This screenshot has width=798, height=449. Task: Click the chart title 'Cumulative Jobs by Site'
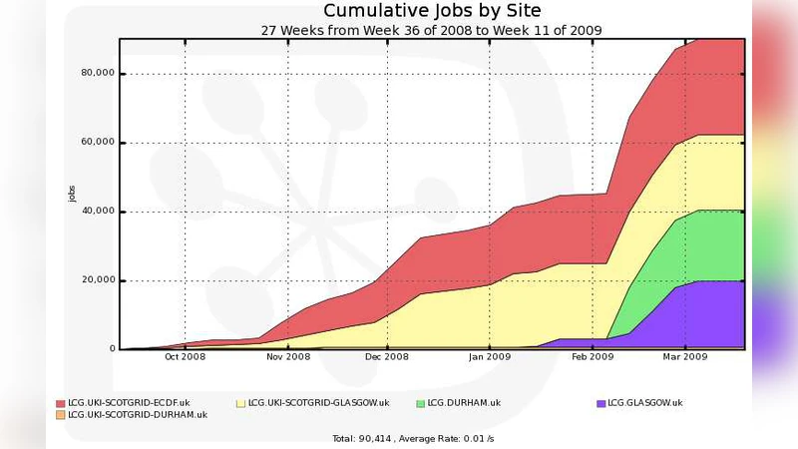(x=432, y=11)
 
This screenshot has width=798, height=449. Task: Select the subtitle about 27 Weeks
(x=431, y=30)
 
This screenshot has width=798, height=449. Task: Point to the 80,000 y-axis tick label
(x=98, y=74)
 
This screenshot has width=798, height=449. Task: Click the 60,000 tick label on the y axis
(x=98, y=143)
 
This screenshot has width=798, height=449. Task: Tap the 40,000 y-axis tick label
(x=98, y=212)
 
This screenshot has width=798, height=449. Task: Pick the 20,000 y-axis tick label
(x=98, y=280)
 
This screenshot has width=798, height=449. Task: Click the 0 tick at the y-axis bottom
(x=112, y=349)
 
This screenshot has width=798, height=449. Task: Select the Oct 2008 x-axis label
(x=186, y=357)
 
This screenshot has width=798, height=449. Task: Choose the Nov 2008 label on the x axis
(x=288, y=357)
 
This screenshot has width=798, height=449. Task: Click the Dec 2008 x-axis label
(x=388, y=357)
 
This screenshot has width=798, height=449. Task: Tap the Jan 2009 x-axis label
(x=491, y=357)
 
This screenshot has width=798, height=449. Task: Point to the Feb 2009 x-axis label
(x=593, y=357)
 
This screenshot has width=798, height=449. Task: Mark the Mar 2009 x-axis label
(x=685, y=357)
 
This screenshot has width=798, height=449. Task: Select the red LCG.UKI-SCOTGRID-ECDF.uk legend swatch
(x=60, y=403)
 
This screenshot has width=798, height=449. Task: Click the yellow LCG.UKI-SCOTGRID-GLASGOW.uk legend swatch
(x=240, y=403)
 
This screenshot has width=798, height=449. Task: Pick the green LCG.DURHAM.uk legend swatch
(x=420, y=403)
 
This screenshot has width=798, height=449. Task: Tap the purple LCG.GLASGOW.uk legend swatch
(x=600, y=403)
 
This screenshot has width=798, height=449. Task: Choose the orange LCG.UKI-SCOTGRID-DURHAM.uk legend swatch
(x=60, y=414)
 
